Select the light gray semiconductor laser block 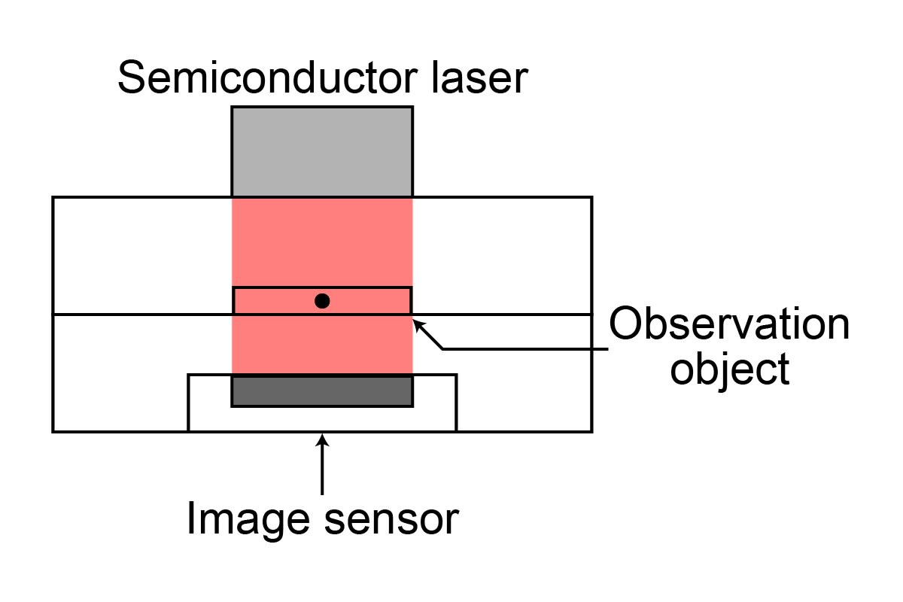[x=322, y=151]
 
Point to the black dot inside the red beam [x=322, y=301]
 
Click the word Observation [x=728, y=325]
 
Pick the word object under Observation [x=729, y=370]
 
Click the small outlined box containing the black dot [x=256, y=301]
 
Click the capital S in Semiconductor [x=132, y=78]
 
